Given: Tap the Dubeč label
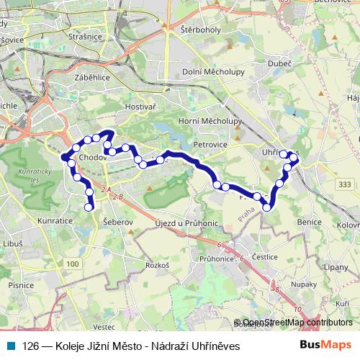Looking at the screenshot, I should (x=281, y=63).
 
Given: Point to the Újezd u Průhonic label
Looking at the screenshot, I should (x=186, y=223).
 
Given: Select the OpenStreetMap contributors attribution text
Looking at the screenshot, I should (x=297, y=322).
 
